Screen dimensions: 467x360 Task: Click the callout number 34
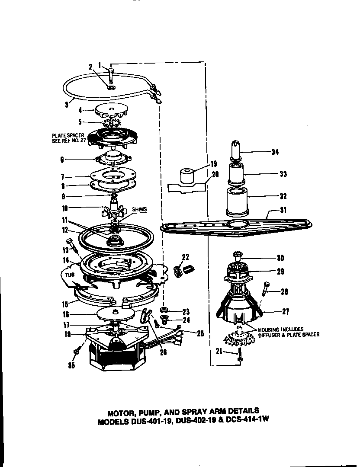(275, 152)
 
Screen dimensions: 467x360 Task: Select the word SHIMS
(139, 209)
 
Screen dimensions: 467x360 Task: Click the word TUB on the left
(64, 274)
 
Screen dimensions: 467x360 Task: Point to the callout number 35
(71, 365)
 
